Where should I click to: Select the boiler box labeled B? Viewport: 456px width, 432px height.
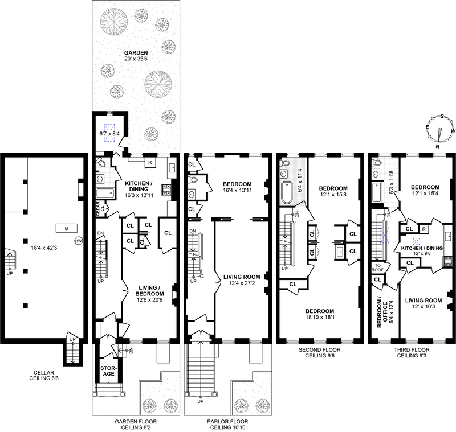coord(67,228)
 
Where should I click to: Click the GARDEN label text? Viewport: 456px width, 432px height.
coord(136,53)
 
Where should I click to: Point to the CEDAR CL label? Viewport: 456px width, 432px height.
coord(100,209)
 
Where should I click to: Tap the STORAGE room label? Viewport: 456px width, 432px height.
coord(108,371)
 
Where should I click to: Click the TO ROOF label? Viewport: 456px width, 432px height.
coord(377,268)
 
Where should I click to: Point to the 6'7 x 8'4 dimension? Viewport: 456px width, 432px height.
coord(109,134)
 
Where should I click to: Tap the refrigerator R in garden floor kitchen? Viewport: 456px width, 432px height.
coord(150,163)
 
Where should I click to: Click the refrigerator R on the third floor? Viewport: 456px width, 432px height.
coord(424,229)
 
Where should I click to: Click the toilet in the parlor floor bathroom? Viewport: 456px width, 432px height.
coord(193,179)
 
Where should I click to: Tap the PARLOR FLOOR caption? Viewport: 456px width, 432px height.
coord(227,422)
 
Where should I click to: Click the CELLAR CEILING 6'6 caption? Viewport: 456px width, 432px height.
coord(44,376)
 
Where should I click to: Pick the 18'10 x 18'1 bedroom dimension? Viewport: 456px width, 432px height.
coord(320,318)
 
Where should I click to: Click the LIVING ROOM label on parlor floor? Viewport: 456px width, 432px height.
coord(242,277)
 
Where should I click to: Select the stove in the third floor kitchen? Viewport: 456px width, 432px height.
coord(448,262)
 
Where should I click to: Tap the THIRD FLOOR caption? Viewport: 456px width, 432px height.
coord(412,350)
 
